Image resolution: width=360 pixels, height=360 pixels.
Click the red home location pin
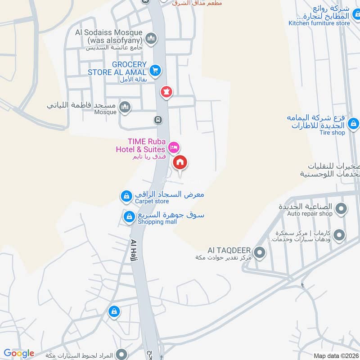click(x=180, y=163)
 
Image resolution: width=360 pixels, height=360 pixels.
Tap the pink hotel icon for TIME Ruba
click(x=173, y=147)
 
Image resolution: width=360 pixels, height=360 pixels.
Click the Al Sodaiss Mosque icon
click(x=151, y=37)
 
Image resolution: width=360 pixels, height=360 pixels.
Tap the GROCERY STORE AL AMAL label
click(x=117, y=68)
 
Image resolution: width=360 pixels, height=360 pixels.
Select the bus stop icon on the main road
click(x=158, y=120)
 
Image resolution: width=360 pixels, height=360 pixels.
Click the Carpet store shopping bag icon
click(x=126, y=196)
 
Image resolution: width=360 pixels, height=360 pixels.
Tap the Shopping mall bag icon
click(x=129, y=217)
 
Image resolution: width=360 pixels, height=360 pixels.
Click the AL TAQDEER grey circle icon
click(x=259, y=252)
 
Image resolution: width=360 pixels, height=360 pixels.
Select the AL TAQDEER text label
click(x=229, y=250)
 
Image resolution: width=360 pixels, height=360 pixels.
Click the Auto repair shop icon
click(x=341, y=209)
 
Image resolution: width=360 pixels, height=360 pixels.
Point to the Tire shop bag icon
click(x=353, y=122)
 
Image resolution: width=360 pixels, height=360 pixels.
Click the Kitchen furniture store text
click(x=319, y=23)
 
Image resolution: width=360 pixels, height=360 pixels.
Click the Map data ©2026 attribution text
click(x=336, y=355)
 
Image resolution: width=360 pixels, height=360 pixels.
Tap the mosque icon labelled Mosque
click(x=125, y=107)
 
